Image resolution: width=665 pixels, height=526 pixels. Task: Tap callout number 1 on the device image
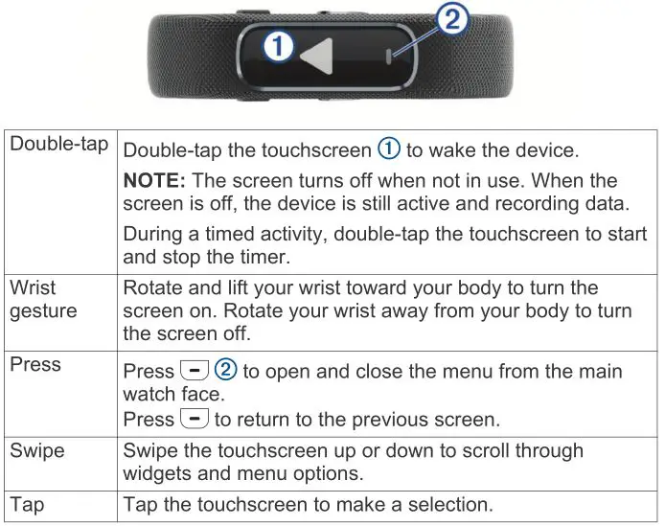click(278, 47)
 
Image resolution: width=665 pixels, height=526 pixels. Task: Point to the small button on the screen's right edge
click(389, 57)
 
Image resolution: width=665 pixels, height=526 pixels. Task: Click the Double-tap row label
click(58, 144)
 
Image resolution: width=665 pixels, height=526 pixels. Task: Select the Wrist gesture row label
click(43, 300)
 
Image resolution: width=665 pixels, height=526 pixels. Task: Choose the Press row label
click(34, 365)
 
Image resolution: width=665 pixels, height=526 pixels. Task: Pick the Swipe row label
click(37, 450)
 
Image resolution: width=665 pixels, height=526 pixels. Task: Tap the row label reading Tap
click(27, 504)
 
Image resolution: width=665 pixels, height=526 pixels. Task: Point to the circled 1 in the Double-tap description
click(388, 149)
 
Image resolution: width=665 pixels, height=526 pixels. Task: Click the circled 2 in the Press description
click(225, 370)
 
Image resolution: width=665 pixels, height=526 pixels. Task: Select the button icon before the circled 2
click(191, 370)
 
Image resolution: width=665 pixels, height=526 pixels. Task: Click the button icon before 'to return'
click(191, 419)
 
